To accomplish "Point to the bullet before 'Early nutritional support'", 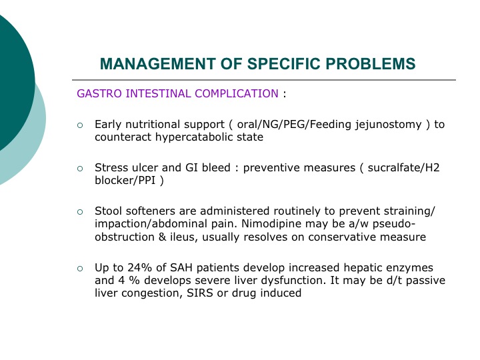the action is point(80,125).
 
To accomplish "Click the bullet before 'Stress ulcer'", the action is point(80,169).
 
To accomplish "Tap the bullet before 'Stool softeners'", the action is point(80,212).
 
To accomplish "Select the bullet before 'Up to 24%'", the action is point(80,269).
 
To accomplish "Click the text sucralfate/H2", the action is point(403,168).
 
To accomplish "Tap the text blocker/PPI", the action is point(125,181).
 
